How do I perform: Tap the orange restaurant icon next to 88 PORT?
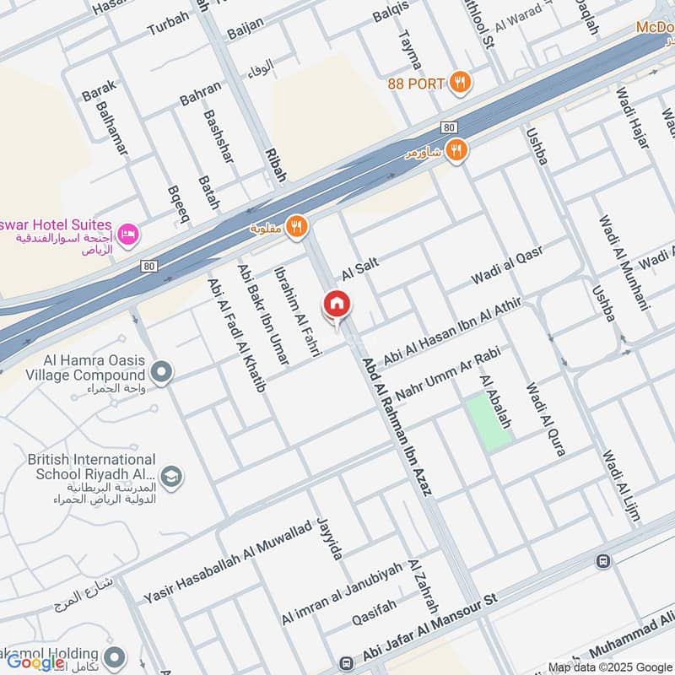[460, 82]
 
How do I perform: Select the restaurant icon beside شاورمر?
[456, 150]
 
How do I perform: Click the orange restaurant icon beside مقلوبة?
[296, 226]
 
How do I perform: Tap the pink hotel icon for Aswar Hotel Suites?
[127, 232]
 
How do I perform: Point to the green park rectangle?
[490, 422]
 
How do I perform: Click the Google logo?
[35, 662]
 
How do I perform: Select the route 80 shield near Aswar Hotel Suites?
[149, 267]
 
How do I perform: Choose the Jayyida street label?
[330, 538]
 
